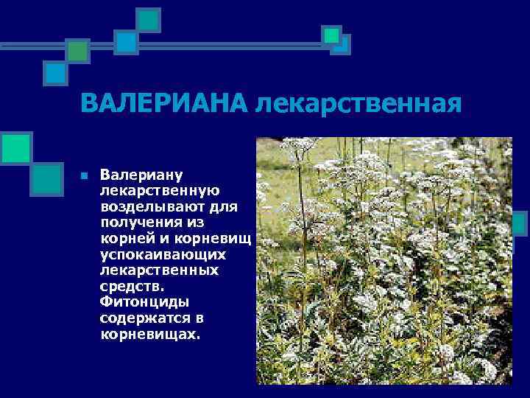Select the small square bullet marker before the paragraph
(84, 176)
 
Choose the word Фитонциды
(144, 302)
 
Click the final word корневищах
(150, 334)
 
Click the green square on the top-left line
(77, 50)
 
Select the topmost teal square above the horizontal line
(149, 18)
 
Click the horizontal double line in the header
(221, 45)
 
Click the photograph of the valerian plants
(384, 261)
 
